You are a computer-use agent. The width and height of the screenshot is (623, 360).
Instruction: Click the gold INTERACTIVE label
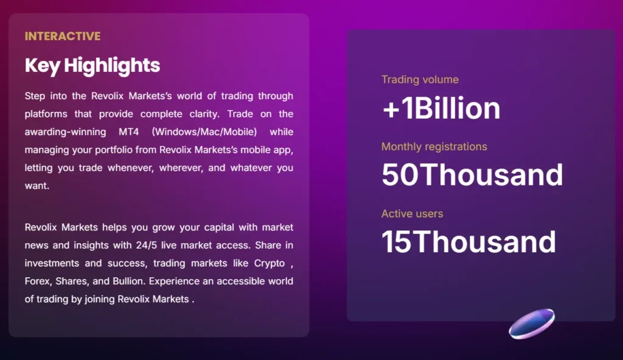[63, 36]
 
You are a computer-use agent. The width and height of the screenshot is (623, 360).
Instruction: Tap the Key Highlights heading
[92, 66]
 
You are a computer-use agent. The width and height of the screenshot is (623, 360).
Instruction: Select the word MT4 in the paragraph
[129, 132]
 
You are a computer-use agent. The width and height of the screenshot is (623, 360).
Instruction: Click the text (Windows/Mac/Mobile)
[204, 132]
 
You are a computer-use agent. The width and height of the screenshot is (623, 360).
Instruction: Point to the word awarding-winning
[65, 133]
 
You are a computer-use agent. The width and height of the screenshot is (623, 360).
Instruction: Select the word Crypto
[270, 263]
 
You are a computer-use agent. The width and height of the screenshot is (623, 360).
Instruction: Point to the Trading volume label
[420, 80]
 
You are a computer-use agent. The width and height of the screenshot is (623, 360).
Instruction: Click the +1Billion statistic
[441, 108]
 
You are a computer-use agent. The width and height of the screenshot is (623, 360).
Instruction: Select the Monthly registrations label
[434, 147]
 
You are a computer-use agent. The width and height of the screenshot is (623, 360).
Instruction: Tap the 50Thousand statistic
[472, 175]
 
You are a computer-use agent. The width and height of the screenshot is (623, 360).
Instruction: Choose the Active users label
[412, 214]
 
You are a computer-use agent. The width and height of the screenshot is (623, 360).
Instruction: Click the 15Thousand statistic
[469, 242]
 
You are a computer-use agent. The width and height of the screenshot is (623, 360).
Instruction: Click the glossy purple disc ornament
[532, 324]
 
